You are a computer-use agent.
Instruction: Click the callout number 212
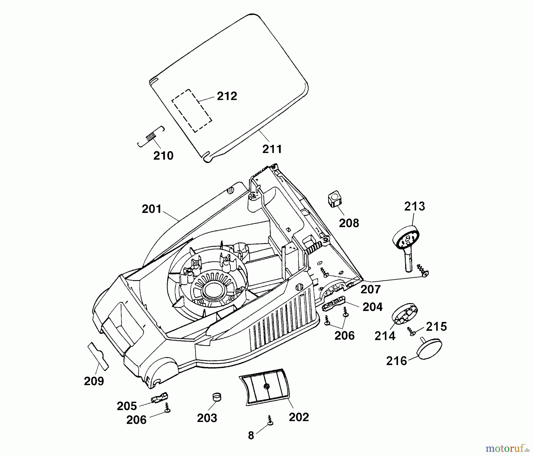pyautogui.click(x=227, y=96)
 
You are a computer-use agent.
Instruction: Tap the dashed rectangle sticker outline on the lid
pyautogui.click(x=192, y=110)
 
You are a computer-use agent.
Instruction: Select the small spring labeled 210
pyautogui.click(x=151, y=137)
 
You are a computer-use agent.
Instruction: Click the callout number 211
pyautogui.click(x=272, y=149)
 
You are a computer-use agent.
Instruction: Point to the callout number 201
pyautogui.click(x=152, y=209)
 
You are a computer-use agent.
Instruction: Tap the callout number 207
pyautogui.click(x=370, y=289)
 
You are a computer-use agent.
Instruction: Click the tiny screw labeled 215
pyautogui.click(x=411, y=331)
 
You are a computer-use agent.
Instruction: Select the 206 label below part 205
pyautogui.click(x=136, y=420)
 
